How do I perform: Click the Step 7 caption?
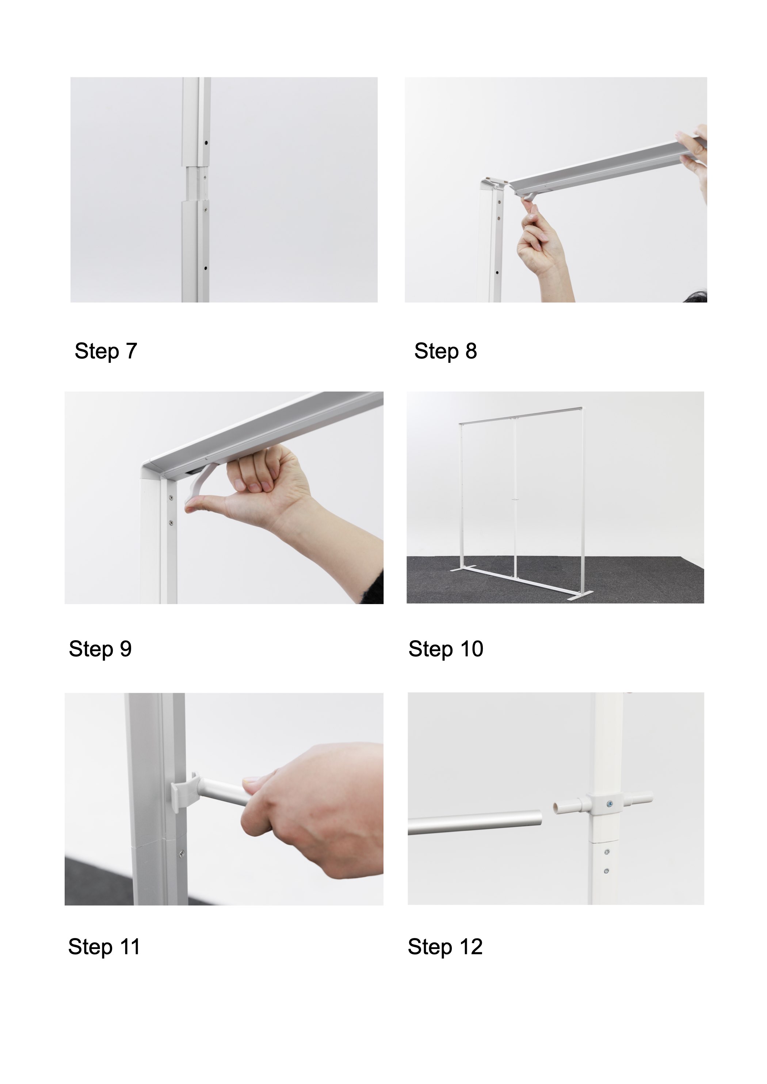coord(106,351)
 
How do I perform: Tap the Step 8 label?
coord(446,351)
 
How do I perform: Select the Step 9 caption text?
coord(100,649)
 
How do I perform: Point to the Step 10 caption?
coord(446,649)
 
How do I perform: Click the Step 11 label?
coord(104,947)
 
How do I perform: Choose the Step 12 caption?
coord(445,947)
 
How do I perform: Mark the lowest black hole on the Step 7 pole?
coord(206,268)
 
